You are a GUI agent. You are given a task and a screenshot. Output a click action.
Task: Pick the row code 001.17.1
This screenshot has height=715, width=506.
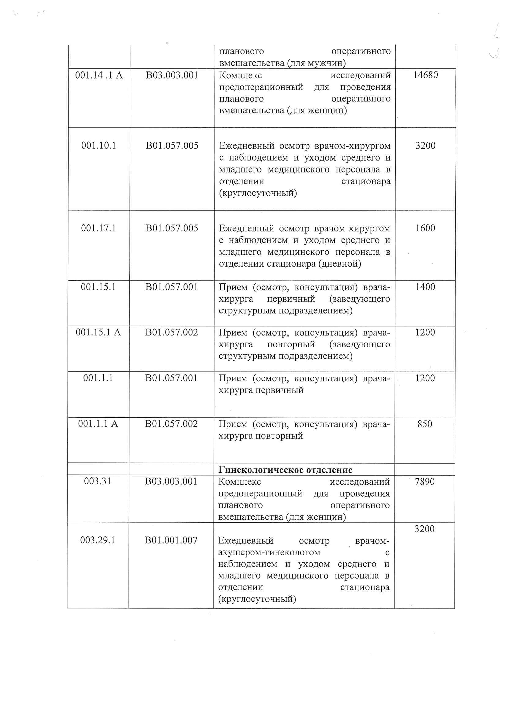99,228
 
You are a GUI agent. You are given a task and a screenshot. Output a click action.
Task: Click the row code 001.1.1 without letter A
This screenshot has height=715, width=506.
98,378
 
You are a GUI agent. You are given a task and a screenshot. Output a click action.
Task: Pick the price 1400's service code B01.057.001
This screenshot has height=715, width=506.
171,287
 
